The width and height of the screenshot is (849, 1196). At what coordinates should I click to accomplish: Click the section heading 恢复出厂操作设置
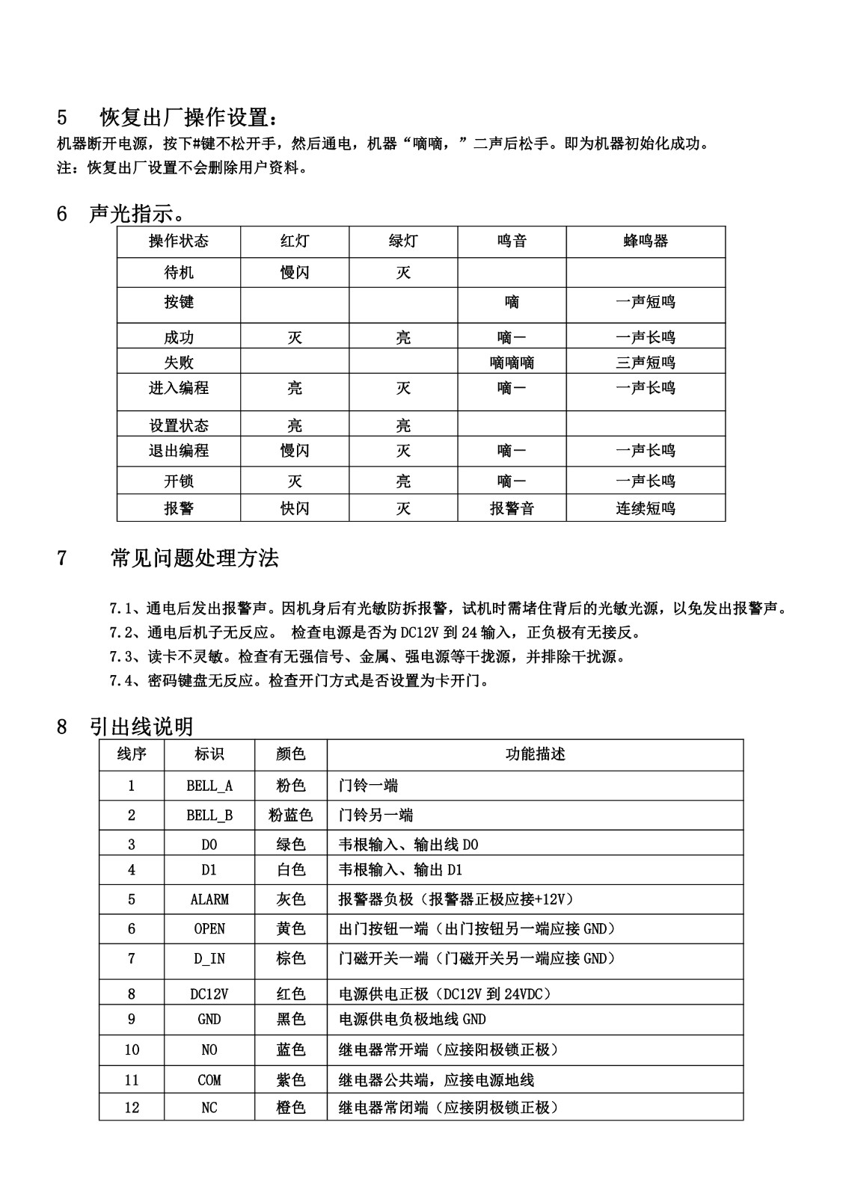192,117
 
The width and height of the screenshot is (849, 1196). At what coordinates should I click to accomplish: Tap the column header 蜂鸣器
646,241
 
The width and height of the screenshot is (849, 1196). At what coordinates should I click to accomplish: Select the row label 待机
178,273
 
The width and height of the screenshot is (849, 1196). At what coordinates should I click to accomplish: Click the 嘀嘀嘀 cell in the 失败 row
512,363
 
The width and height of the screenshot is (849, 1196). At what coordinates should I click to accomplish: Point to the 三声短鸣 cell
646,363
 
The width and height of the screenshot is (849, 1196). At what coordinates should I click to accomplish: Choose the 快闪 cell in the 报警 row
295,508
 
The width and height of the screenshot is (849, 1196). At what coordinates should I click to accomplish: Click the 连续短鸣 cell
646,508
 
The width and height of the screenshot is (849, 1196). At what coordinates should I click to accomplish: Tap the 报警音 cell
512,508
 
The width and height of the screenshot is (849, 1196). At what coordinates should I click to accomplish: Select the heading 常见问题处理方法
194,558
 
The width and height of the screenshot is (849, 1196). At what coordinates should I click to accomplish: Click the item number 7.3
120,657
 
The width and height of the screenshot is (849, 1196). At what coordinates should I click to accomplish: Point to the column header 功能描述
535,754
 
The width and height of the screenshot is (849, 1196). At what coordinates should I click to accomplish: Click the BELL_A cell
209,786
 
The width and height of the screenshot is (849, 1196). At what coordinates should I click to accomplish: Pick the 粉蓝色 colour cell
290,815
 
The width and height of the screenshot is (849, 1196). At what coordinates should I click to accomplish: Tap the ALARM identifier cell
209,899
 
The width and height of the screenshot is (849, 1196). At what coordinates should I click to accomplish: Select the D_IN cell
209,958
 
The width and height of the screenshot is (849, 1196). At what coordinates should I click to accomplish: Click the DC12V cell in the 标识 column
209,994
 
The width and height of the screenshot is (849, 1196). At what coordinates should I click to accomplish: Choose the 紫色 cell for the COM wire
290,1080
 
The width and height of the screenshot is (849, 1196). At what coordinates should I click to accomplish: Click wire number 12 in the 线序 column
132,1108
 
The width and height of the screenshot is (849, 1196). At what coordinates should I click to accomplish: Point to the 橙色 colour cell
290,1108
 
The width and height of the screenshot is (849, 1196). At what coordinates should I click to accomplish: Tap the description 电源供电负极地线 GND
412,1019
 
